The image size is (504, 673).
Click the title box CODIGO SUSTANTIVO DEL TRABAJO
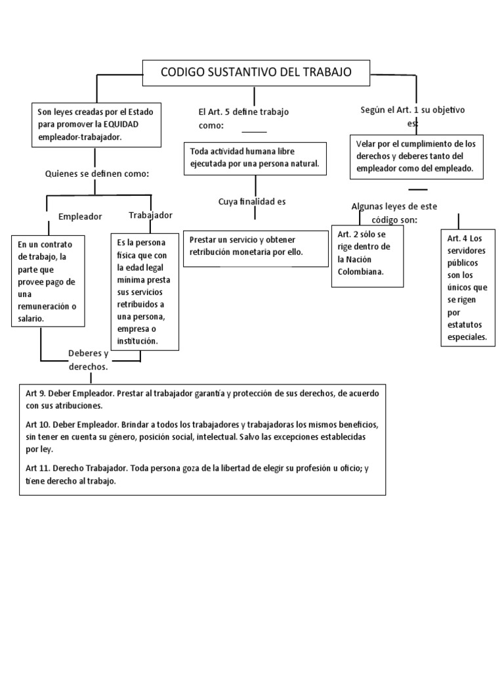coord(257,72)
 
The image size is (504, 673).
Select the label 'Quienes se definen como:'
coord(97,174)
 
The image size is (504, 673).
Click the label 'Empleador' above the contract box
coord(80,216)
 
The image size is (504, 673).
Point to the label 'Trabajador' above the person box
coord(150,215)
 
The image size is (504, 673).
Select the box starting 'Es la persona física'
coord(140,291)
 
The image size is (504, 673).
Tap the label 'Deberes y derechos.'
coord(88,360)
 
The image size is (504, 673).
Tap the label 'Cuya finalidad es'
coord(252,202)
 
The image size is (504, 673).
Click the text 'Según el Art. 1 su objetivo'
coord(413,110)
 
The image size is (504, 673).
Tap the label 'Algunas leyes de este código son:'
coord(394,212)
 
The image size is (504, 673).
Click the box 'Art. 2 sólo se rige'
coord(367,258)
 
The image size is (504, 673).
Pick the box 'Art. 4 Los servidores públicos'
coord(468,288)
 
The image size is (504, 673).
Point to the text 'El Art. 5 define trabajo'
coord(243,112)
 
